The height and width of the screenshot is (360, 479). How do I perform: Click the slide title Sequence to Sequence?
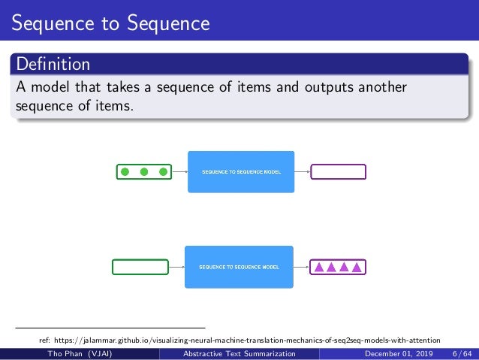[110, 23]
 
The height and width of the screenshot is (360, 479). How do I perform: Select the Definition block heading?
[53, 63]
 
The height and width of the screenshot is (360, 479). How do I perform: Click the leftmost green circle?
[125, 172]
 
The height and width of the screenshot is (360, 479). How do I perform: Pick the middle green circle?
[145, 172]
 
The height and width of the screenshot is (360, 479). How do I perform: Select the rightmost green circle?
[163, 172]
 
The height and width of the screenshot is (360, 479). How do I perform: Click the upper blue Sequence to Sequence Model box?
[240, 172]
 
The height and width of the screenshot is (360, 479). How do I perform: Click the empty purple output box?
[338, 172]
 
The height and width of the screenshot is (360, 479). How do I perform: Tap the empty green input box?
[140, 266]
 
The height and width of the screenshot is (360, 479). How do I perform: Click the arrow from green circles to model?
[179, 172]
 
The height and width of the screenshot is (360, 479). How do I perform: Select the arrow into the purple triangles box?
[301, 266]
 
